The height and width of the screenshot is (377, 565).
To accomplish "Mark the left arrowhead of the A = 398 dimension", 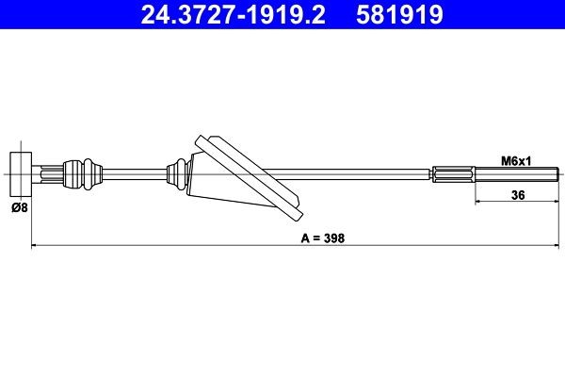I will [36, 247].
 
